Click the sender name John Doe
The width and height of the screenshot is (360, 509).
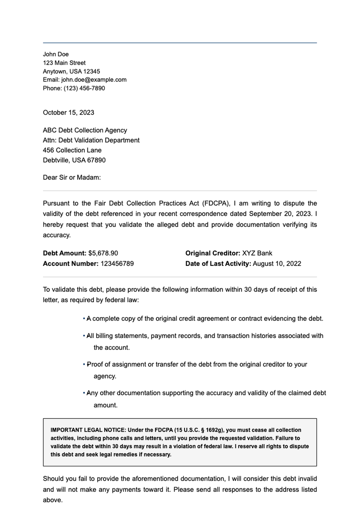click(56, 54)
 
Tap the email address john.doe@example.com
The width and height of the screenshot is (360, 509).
click(94, 80)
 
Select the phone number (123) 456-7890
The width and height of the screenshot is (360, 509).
click(84, 88)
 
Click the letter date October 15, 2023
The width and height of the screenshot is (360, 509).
click(68, 112)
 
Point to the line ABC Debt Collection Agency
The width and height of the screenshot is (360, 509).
click(85, 130)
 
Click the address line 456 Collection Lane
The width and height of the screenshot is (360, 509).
click(72, 150)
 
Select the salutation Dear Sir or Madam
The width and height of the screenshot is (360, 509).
click(72, 178)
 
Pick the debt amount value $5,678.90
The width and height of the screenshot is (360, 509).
click(103, 253)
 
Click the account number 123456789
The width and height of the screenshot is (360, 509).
click(117, 264)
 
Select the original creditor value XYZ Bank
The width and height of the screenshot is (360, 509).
click(257, 253)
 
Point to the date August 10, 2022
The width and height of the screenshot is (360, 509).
click(277, 264)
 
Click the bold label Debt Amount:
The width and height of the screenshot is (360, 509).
click(64, 253)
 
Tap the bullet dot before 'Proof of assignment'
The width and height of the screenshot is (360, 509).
click(84, 364)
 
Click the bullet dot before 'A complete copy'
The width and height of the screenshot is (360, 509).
click(84, 319)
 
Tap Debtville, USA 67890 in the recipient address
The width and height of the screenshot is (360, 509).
click(74, 160)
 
